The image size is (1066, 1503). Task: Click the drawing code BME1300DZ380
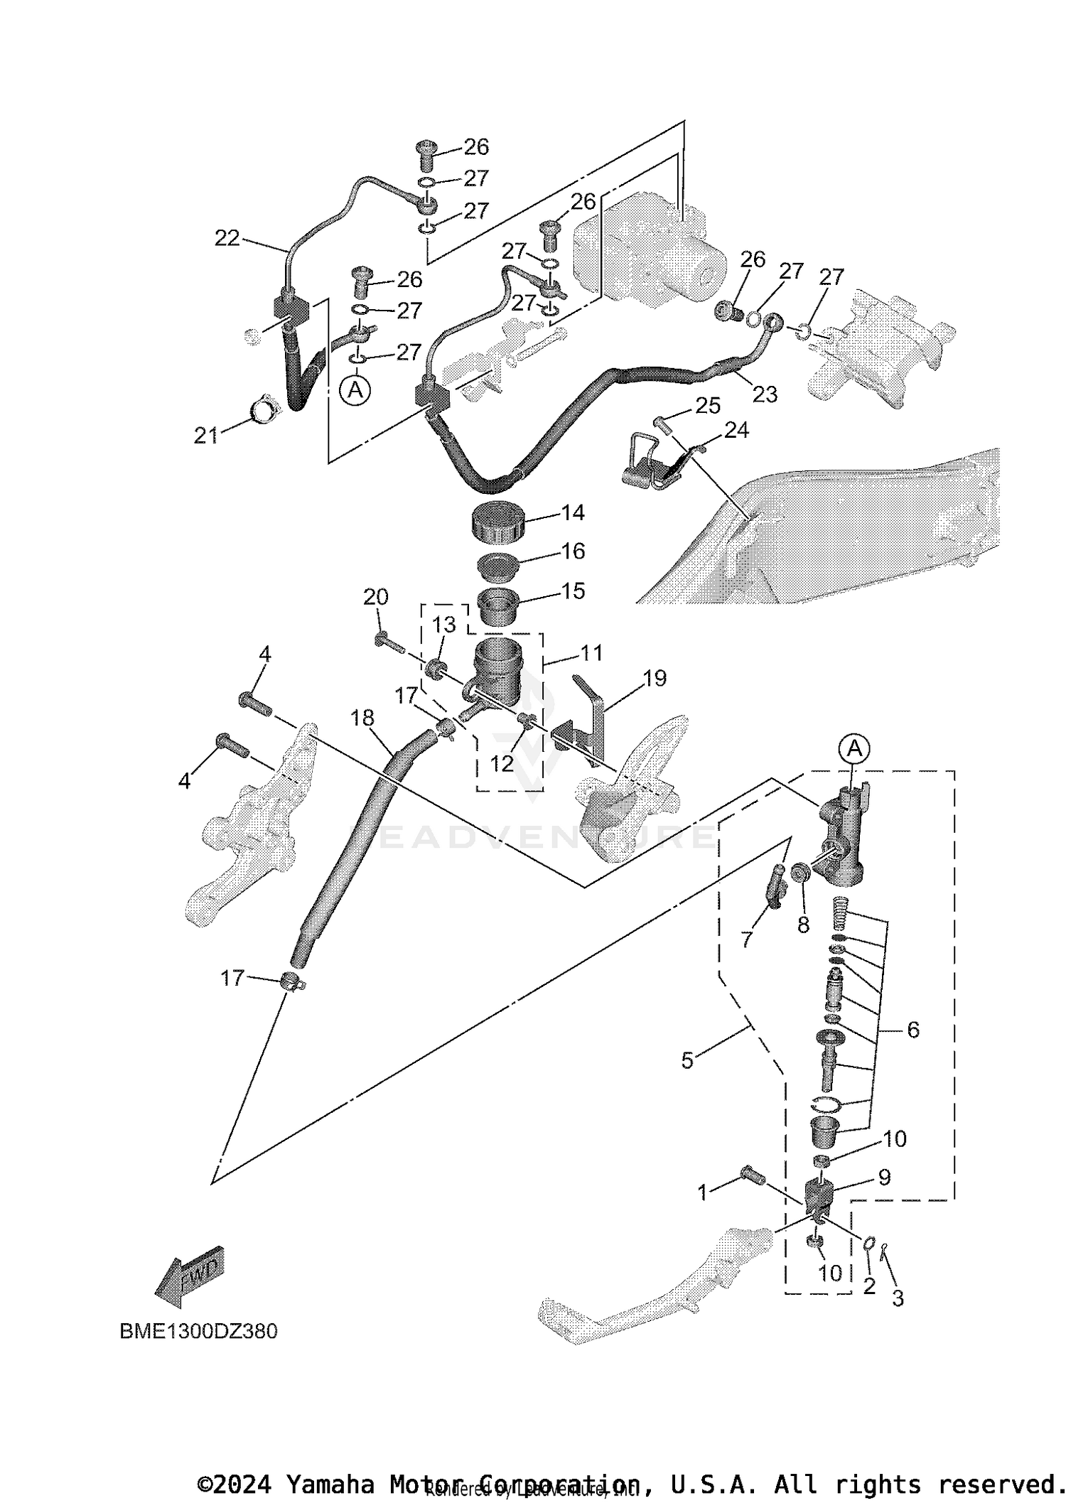click(x=198, y=1330)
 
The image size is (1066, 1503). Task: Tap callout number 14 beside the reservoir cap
click(x=572, y=512)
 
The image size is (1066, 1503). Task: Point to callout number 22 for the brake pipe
click(x=227, y=239)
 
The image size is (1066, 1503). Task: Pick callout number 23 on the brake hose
click(x=765, y=394)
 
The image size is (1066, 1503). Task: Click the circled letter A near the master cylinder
click(x=855, y=748)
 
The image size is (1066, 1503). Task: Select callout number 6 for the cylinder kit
click(x=913, y=1029)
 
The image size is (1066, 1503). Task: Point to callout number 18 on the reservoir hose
click(x=362, y=718)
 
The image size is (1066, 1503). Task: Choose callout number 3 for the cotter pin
click(x=898, y=1298)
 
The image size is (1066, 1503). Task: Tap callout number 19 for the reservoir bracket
click(x=655, y=678)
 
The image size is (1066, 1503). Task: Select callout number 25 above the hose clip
click(x=708, y=406)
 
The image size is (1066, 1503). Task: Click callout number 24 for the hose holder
click(x=737, y=429)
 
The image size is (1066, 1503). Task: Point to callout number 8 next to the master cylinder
click(x=803, y=925)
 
